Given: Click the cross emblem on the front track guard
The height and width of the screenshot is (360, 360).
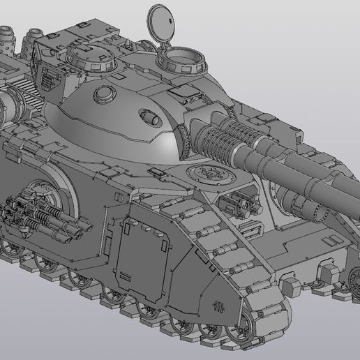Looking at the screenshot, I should point(218,305).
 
